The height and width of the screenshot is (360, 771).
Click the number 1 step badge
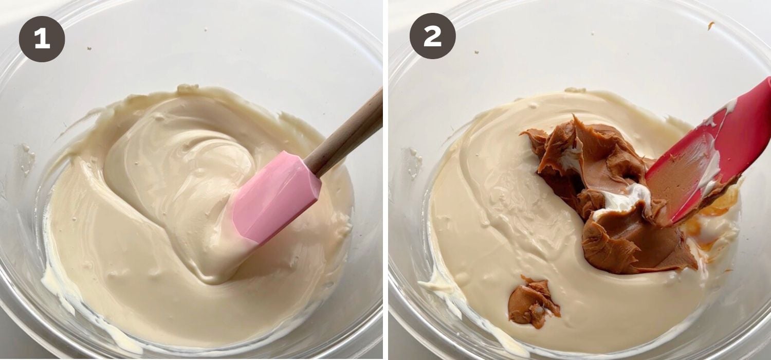(x=42, y=39)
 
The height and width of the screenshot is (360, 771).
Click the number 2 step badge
(x=433, y=36)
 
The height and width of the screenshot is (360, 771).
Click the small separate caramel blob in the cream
(x=533, y=302)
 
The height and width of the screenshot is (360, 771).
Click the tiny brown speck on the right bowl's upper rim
(x=711, y=25)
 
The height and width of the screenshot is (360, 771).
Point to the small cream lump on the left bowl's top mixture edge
(x=188, y=88)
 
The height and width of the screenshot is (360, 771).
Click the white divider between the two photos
(x=385, y=180)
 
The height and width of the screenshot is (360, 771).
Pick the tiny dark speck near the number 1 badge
(x=89, y=48)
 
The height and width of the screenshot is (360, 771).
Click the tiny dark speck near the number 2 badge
(x=476, y=52)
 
